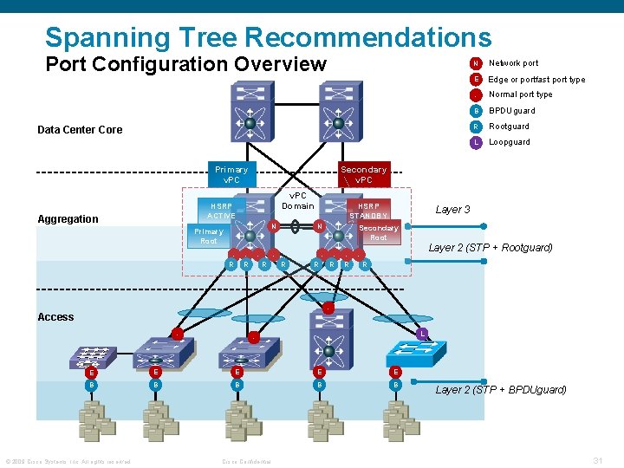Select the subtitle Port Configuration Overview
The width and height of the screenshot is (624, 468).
pyautogui.click(x=185, y=64)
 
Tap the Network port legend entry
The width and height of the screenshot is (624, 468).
pyautogui.click(x=513, y=63)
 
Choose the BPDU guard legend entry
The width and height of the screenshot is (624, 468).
pyautogui.click(x=511, y=111)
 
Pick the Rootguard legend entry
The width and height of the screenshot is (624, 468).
pyautogui.click(x=509, y=127)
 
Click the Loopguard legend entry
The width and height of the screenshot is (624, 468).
pyautogui.click(x=509, y=142)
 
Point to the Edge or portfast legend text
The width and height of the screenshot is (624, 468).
pyautogui.click(x=536, y=79)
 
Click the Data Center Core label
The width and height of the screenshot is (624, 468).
pyautogui.click(x=80, y=130)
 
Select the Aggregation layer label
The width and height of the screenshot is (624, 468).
pyautogui.click(x=68, y=219)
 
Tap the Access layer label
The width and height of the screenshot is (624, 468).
pyautogui.click(x=55, y=317)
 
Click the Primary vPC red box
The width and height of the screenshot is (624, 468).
pyautogui.click(x=231, y=174)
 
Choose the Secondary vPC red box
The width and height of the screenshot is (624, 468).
pyautogui.click(x=363, y=174)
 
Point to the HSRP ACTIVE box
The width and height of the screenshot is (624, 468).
pyautogui.click(x=221, y=211)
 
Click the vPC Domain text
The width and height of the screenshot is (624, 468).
pyautogui.click(x=298, y=200)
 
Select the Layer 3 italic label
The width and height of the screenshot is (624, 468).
pyautogui.click(x=452, y=210)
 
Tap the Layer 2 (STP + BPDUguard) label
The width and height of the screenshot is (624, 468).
pyautogui.click(x=500, y=390)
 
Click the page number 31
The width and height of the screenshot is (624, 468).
pyautogui.click(x=597, y=459)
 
